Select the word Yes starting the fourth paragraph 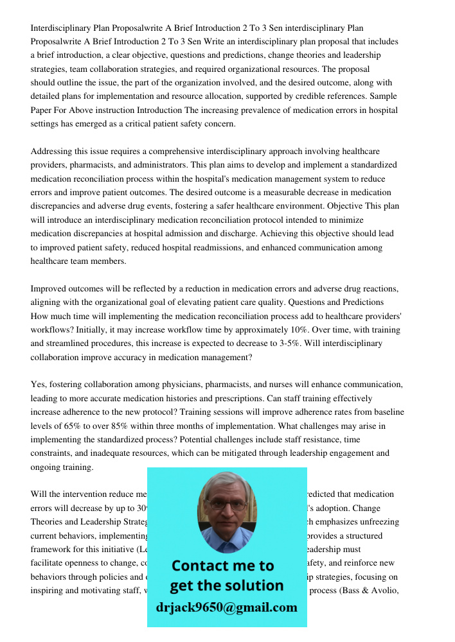click(38, 385)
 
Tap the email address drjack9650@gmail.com click(227, 607)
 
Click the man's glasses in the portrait click(227, 505)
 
